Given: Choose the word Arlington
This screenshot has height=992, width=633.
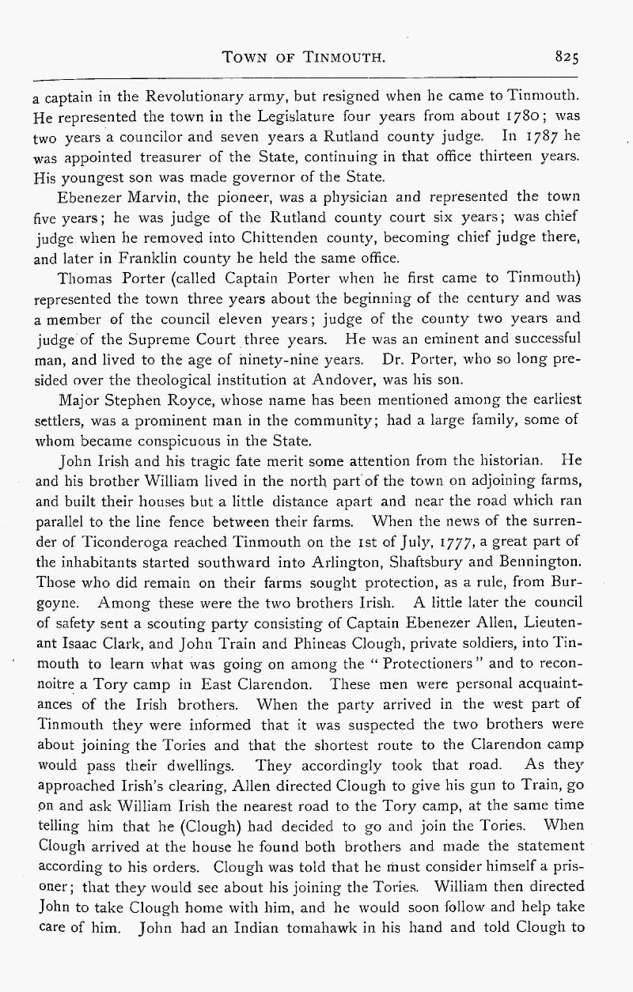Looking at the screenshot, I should [350, 560].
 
